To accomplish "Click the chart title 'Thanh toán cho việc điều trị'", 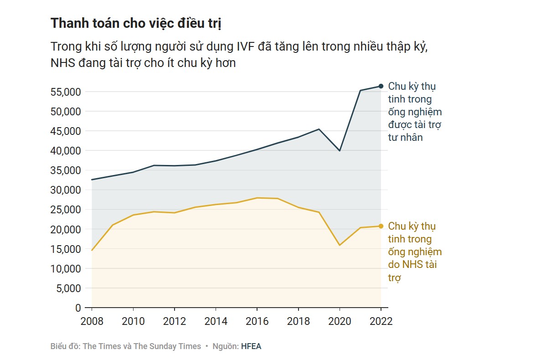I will [136, 24].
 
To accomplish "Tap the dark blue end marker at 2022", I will [381, 86].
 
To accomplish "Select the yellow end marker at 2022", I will [381, 226].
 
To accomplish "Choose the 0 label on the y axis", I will [77, 308].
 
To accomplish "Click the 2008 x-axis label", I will [92, 321].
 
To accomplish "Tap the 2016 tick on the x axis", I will [257, 321].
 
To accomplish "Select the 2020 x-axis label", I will [340, 321].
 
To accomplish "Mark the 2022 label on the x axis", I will [381, 321].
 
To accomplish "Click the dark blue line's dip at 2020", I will [340, 150].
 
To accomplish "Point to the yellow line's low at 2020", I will [340, 245].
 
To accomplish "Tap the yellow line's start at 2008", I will [92, 250].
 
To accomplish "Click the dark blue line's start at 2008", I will [92, 180].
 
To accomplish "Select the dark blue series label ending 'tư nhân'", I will [414, 112].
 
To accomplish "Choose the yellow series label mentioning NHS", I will [414, 252].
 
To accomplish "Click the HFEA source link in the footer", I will [251, 346].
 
